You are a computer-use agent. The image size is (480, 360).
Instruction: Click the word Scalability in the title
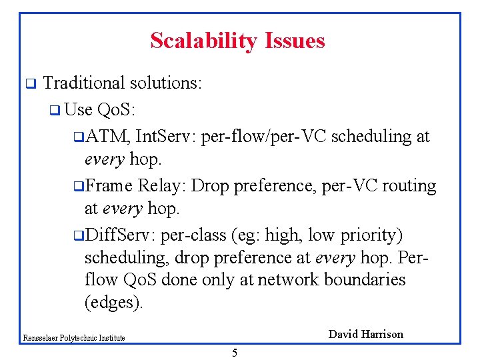(x=203, y=41)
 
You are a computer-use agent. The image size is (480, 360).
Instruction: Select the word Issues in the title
(x=293, y=41)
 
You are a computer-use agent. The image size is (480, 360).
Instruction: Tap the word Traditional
(x=84, y=83)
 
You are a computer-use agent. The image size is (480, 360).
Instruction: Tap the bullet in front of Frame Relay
(x=78, y=186)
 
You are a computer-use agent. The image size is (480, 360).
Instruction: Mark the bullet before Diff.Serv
(x=78, y=236)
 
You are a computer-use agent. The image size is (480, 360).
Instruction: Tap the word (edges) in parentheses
(x=113, y=303)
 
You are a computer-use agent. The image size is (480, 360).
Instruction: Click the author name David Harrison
(x=366, y=335)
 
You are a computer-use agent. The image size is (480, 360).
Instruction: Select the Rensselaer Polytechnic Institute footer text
(x=73, y=338)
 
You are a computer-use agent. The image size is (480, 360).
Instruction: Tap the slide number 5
(x=234, y=353)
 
